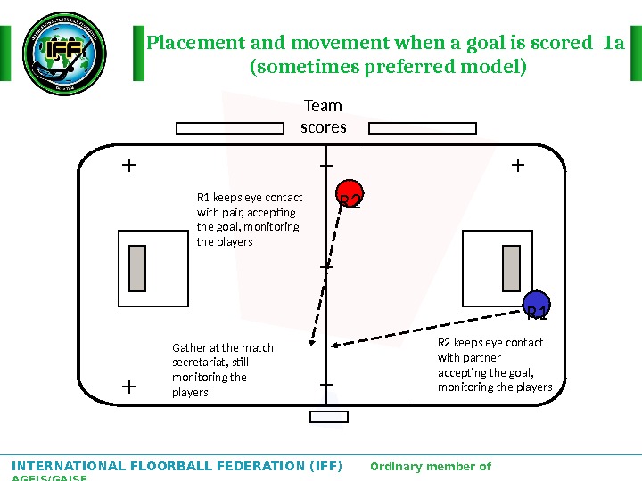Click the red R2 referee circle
pyautogui.click(x=350, y=198)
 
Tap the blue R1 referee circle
pyautogui.click(x=536, y=306)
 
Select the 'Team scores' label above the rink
pyautogui.click(x=323, y=117)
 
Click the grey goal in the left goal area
pyautogui.click(x=137, y=269)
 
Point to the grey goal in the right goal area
pyautogui.click(x=512, y=269)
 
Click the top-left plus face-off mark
pyautogui.click(x=129, y=165)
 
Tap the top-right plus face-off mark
pyautogui.click(x=517, y=165)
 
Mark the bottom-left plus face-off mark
pyautogui.click(x=129, y=387)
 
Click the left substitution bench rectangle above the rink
pyautogui.click(x=231, y=128)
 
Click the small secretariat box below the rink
pyautogui.click(x=328, y=416)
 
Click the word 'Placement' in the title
pyautogui.click(x=189, y=43)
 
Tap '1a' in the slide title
pyautogui.click(x=614, y=43)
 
